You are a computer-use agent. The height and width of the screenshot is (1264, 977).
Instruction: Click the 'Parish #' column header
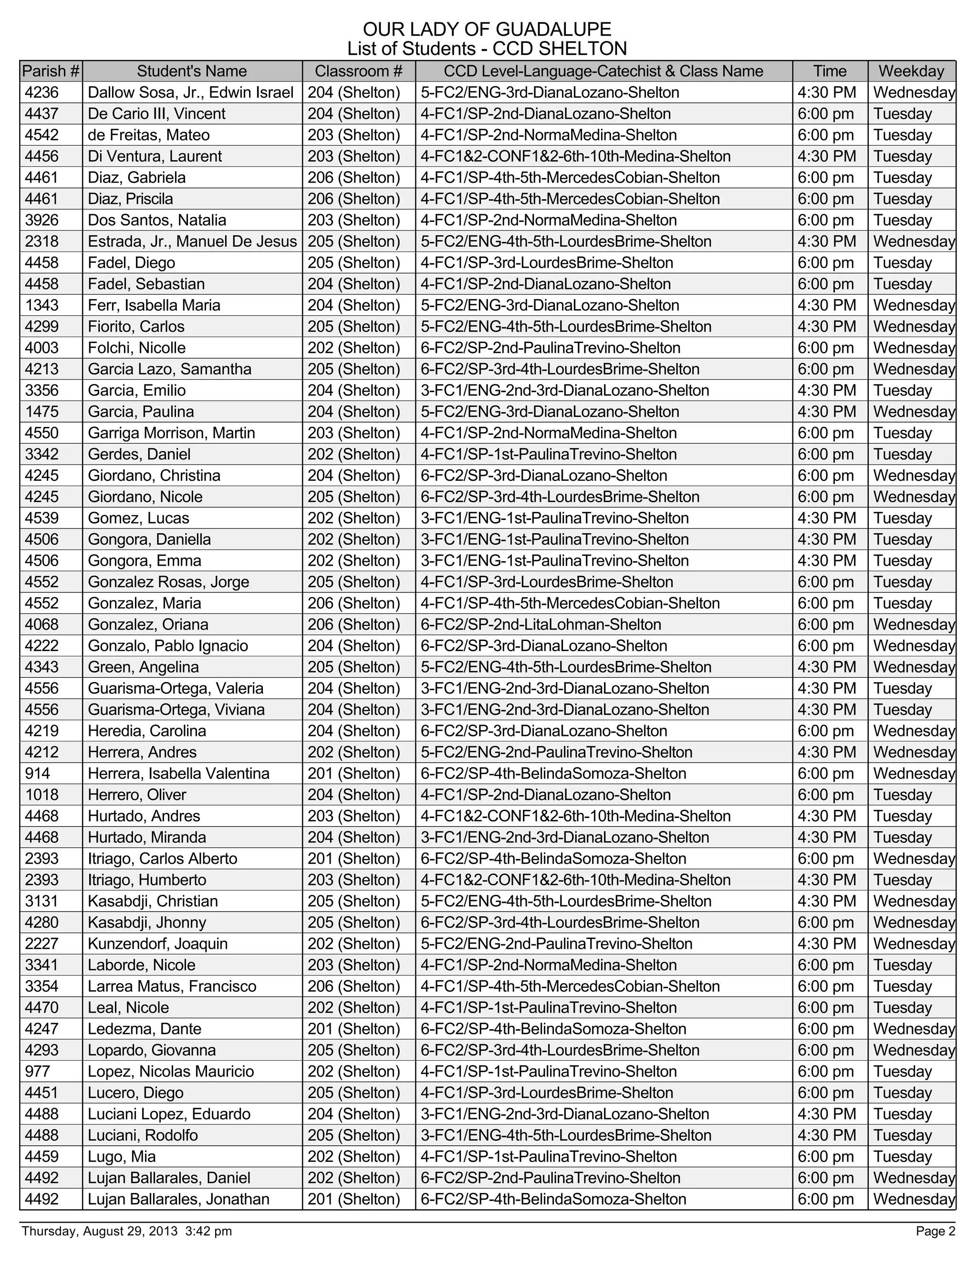pos(51,71)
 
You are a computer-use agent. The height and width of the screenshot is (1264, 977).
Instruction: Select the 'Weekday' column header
pos(911,71)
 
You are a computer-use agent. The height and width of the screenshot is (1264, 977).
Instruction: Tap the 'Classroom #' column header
pos(358,71)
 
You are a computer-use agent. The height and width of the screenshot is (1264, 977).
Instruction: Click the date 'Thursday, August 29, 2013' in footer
pos(100,1231)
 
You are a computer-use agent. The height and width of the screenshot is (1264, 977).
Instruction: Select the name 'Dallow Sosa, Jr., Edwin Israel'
pos(190,93)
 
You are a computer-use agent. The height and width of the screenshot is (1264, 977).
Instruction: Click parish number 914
pos(38,774)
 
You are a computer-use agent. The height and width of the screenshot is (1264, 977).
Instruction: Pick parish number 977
pos(38,1072)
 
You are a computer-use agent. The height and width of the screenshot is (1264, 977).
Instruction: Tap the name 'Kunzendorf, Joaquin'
pos(157,944)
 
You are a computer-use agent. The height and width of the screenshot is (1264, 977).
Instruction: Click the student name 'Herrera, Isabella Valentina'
pos(178,774)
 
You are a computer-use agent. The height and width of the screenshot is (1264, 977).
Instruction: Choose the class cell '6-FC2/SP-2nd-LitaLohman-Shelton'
pos(540,624)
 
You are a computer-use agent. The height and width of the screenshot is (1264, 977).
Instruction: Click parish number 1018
pos(41,795)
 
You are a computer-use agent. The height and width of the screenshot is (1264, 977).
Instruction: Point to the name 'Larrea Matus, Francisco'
pos(172,986)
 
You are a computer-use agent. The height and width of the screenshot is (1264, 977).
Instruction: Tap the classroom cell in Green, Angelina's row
pos(353,667)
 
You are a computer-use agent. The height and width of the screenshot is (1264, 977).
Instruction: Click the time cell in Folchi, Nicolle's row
pos(825,348)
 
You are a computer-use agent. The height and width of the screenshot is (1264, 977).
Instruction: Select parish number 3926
pos(42,220)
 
